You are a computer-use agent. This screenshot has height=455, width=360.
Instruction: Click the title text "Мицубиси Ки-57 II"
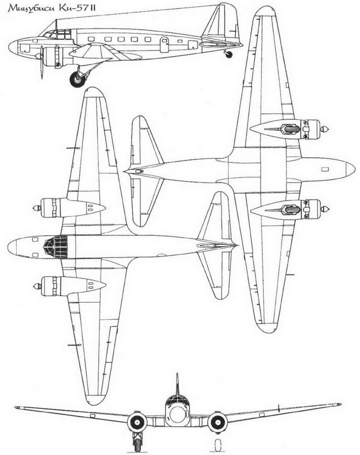[52, 8]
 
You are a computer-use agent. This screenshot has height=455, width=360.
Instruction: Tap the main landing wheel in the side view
[77, 79]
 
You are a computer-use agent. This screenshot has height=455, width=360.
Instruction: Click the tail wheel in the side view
[229, 54]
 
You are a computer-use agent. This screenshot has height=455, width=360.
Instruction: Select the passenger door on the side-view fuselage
[164, 44]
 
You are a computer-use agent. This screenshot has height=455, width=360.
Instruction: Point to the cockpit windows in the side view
[58, 34]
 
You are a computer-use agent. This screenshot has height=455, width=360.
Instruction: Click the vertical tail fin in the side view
[221, 23]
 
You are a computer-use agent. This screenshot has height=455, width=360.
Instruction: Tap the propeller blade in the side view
[42, 62]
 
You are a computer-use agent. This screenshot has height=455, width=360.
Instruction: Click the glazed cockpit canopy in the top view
[56, 247]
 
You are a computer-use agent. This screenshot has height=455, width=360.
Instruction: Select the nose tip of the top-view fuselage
[8, 247]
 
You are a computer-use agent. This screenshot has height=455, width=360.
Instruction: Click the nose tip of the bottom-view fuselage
[354, 169]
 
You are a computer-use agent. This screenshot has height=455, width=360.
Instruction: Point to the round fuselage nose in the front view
[177, 415]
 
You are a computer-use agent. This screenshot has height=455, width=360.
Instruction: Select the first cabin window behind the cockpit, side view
[91, 39]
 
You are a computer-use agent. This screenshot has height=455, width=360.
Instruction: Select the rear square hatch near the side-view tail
[193, 45]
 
